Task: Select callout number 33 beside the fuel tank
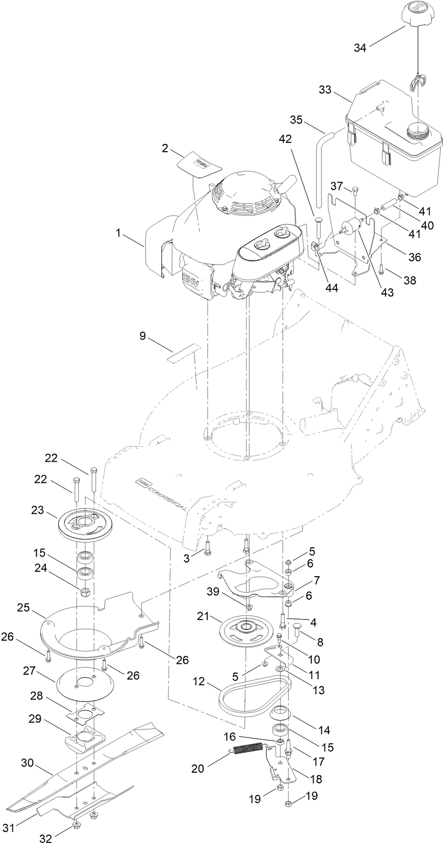point(325,90)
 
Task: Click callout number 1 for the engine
point(119,234)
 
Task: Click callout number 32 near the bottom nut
point(46,839)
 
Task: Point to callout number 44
point(332,288)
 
